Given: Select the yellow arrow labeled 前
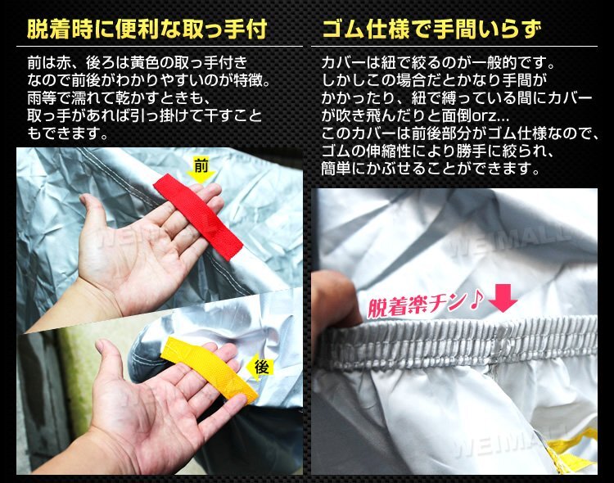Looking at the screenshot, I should (x=200, y=169).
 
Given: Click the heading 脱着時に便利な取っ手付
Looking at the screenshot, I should (x=147, y=31).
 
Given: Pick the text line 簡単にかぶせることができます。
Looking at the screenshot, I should (x=430, y=170).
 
